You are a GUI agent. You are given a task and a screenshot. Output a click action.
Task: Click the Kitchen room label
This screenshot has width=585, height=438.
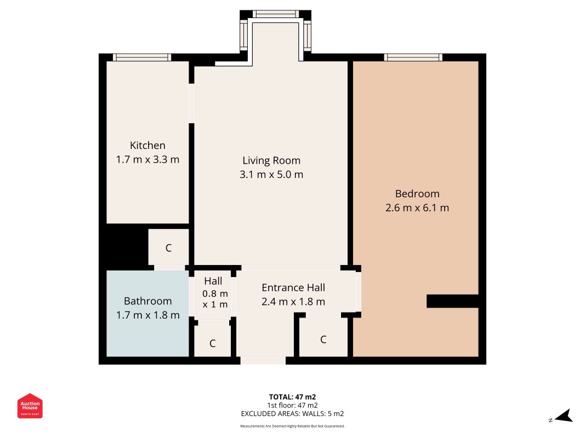147,146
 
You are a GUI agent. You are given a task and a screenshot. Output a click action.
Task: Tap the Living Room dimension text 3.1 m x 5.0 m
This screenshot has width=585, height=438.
271,175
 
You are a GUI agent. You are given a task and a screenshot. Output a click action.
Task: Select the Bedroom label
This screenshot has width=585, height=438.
417,194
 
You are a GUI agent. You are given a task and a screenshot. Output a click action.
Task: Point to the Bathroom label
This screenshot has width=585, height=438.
147,301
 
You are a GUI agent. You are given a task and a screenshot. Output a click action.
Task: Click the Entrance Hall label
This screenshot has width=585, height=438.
293,287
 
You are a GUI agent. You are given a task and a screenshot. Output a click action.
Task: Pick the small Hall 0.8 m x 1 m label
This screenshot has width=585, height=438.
213,292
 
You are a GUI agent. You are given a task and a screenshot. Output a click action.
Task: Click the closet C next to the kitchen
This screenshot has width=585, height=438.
169,247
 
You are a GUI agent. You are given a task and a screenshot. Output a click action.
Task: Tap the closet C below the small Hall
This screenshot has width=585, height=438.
212,344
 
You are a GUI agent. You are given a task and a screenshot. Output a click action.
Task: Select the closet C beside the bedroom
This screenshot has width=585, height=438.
323,339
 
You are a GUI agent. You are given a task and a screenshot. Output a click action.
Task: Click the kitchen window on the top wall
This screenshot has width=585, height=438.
142,57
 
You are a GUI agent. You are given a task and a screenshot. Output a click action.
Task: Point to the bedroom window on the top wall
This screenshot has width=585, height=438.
413,57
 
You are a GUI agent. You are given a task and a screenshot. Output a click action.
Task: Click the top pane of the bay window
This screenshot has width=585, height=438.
276,14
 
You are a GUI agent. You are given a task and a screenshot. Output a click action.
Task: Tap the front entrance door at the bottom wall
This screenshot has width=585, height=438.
263,360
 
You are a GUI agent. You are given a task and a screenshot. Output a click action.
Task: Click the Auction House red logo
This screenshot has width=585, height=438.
30,406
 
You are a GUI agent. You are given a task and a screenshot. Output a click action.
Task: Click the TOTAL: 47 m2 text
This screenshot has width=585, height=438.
292,397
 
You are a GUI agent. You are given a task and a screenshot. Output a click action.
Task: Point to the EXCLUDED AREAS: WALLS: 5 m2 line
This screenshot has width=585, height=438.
292,414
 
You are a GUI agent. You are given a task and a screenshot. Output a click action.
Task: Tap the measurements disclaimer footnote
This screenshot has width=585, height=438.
292,426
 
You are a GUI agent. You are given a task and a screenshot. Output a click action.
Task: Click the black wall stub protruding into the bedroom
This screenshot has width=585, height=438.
452,301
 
